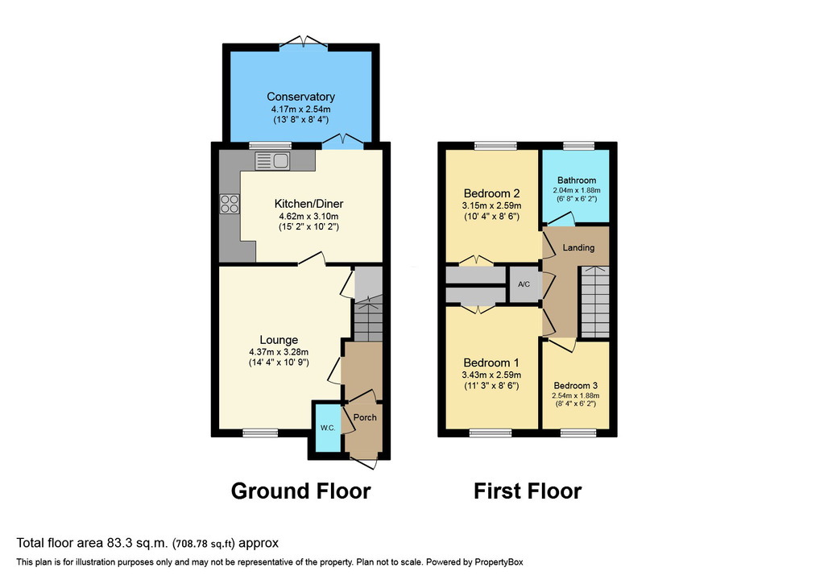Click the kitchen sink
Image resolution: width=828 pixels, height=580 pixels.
(272, 161)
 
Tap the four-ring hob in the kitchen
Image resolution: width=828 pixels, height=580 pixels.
(230, 204)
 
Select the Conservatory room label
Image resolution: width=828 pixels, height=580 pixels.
(300, 97)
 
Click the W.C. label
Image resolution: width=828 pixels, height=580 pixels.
(328, 428)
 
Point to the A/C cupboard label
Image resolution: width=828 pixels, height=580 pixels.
(524, 284)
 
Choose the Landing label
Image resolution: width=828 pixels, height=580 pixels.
(578, 247)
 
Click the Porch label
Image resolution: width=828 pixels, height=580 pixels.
(365, 417)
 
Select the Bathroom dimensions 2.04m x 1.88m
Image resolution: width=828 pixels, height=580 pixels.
(576, 190)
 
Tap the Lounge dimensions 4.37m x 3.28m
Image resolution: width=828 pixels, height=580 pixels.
(279, 352)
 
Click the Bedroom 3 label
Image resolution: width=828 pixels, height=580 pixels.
(576, 386)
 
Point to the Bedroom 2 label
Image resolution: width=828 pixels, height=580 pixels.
(491, 193)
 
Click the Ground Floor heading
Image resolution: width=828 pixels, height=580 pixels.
(301, 491)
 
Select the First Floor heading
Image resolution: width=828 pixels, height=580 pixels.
(528, 491)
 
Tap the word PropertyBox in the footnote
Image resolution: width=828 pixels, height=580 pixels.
(499, 562)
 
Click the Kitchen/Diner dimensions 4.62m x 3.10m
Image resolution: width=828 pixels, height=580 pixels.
(309, 216)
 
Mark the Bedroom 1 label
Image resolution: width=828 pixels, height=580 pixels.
(491, 362)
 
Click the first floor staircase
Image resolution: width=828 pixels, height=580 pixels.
(594, 301)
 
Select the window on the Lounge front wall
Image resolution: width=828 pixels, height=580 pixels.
(260, 433)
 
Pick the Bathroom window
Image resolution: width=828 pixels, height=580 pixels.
(579, 146)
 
